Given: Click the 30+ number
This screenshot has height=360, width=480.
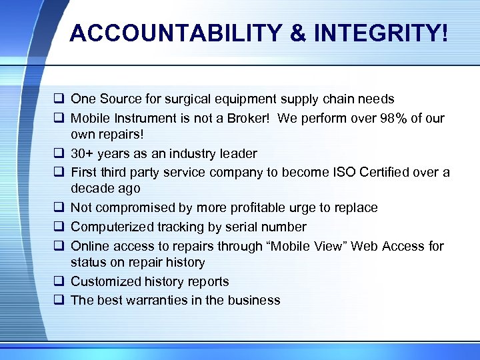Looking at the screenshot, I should point(83,153).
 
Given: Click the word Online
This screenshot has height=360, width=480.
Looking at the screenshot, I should point(89,246).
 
